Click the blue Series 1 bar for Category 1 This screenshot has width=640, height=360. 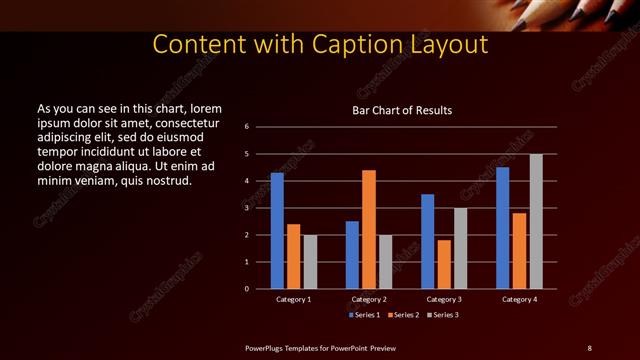277,231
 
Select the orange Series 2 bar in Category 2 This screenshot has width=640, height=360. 369,229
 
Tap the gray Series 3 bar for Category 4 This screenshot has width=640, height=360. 536,221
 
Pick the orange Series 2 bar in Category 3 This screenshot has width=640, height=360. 444,264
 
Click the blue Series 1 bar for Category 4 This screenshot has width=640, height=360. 503,228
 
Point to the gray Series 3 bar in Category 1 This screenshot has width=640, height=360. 310,262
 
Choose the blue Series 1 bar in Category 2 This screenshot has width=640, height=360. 352,255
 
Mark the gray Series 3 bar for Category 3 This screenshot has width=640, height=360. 460,248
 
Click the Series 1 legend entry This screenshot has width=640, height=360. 363,315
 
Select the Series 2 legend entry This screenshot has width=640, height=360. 403,315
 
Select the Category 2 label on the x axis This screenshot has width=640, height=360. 368,299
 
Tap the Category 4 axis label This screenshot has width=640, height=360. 519,299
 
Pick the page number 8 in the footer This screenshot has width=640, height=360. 589,347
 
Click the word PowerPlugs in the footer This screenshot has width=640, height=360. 266,347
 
